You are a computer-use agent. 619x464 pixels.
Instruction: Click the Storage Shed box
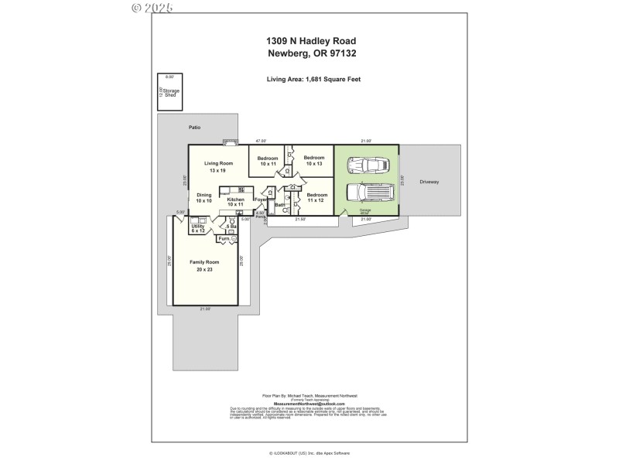point(169,91)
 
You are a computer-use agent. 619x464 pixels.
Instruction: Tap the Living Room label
point(219,163)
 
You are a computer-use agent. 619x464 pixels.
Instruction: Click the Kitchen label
point(236,200)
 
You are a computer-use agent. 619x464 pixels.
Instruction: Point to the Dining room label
point(203,195)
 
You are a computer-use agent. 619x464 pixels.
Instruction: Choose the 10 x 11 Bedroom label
point(268,159)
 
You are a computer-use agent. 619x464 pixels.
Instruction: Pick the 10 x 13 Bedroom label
point(313,158)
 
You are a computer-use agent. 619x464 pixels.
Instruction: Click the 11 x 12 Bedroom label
point(315,195)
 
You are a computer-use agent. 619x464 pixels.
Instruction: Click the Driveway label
point(429,182)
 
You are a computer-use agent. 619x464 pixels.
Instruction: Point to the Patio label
point(194,127)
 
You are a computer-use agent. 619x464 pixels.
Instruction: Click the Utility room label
point(197,226)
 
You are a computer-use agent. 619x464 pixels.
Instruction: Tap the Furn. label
point(224,238)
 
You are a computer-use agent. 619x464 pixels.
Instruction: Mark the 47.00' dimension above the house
point(262,141)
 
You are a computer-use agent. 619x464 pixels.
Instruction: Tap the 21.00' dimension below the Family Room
point(205,309)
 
